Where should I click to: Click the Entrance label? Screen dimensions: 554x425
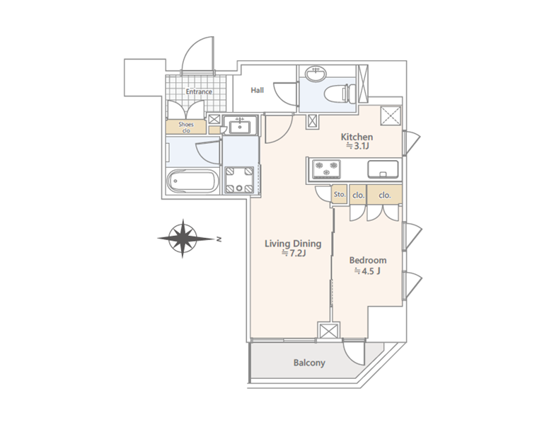(x=199, y=91)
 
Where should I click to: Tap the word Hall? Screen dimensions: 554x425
(x=258, y=90)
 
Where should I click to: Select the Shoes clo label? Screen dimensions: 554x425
(x=186, y=127)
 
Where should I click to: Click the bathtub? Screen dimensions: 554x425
(x=192, y=181)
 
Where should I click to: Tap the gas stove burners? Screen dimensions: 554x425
(x=326, y=169)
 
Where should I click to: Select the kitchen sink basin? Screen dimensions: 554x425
(x=383, y=169)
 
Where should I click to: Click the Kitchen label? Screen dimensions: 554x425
(x=357, y=137)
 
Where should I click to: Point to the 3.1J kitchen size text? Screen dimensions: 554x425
(x=357, y=146)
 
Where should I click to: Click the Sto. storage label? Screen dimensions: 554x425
(x=340, y=195)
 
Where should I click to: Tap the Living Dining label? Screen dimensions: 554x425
(x=293, y=244)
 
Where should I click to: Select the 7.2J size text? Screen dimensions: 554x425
(x=293, y=253)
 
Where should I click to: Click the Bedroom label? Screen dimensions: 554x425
(x=368, y=261)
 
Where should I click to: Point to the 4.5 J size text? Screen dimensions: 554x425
(x=367, y=271)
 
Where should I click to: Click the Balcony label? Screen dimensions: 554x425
(x=309, y=363)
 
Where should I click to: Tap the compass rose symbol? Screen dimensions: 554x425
(x=183, y=238)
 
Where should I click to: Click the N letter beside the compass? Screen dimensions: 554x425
(x=219, y=239)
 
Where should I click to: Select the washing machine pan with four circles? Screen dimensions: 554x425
(x=240, y=180)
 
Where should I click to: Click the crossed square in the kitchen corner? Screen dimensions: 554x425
(x=391, y=115)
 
